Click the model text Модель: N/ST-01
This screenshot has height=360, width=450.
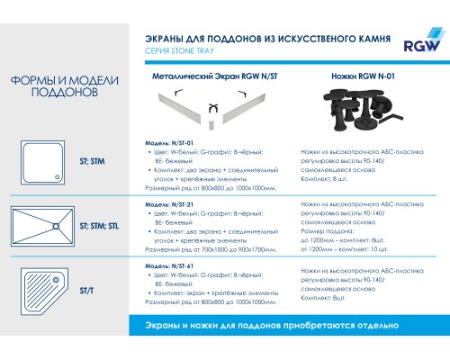point(170,144)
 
